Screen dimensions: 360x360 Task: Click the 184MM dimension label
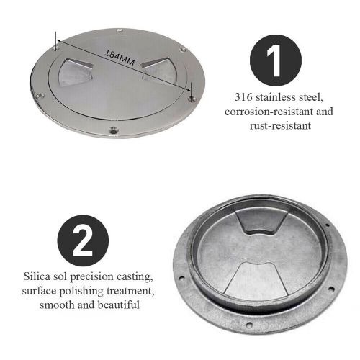(x=120, y=58)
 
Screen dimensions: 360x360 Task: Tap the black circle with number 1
(x=276, y=60)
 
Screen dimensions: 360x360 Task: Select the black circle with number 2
(x=83, y=240)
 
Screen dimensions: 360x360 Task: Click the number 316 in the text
(x=243, y=97)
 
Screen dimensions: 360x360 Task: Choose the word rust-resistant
(x=280, y=126)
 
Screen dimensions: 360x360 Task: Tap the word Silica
(x=37, y=276)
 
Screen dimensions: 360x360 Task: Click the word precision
(x=91, y=277)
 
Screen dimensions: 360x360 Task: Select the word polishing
(x=81, y=292)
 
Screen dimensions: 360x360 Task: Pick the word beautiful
(x=119, y=305)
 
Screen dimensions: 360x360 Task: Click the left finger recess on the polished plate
(x=75, y=71)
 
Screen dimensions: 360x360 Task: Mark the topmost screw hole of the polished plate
(x=120, y=30)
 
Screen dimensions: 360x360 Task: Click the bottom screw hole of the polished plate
(x=113, y=130)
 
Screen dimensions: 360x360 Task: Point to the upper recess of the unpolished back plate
(x=261, y=222)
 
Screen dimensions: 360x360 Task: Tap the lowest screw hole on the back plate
(x=249, y=325)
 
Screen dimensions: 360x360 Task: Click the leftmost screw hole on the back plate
(x=181, y=279)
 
